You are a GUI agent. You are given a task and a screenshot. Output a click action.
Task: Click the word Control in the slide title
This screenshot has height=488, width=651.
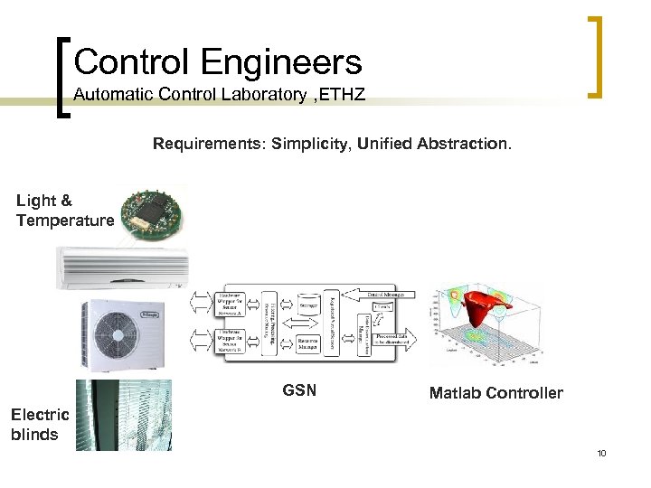coord(132,62)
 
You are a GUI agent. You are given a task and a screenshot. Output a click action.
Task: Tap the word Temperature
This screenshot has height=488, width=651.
coord(65,220)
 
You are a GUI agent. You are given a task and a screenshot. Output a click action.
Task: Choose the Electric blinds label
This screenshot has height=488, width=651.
coord(39,424)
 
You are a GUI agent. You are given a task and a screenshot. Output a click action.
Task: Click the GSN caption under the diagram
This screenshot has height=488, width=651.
coord(299,391)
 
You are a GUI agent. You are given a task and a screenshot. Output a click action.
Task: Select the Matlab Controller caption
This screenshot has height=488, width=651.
coord(495,393)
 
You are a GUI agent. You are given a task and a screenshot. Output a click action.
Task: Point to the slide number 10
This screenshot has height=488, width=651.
coord(601,453)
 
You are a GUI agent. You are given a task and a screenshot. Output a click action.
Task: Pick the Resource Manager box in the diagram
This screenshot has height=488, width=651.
coord(308,344)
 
